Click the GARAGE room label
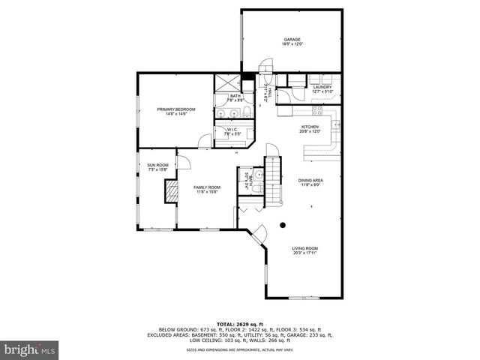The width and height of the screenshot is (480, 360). click(292, 39)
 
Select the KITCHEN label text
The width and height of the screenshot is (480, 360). click(310, 127)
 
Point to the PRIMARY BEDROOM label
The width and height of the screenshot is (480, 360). click(175, 109)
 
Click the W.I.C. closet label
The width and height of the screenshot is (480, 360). click(231, 130)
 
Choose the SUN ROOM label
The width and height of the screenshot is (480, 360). click(157, 165)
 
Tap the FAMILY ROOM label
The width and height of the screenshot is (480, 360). click(207, 187)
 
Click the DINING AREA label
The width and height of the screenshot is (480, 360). click(310, 180)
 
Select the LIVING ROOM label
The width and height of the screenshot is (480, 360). click(305, 248)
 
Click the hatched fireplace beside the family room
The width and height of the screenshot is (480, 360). click(172, 192)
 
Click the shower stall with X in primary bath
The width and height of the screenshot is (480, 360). click(224, 83)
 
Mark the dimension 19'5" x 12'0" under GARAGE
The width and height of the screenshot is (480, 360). click(292, 44)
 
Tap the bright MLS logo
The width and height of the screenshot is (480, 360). click(30, 349)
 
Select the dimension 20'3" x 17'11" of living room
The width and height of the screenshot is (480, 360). click(305, 253)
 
